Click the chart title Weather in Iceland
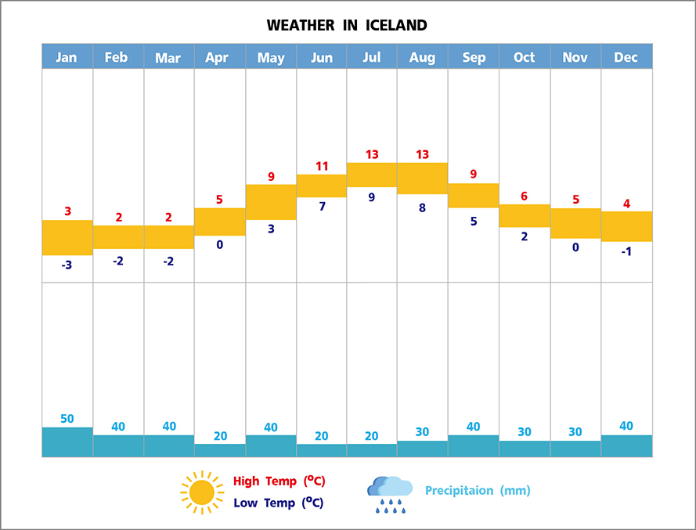point(347,25)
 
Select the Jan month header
point(67,57)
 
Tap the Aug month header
point(422,57)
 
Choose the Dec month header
point(626,57)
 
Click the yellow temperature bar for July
point(372,175)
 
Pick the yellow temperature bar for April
point(219,222)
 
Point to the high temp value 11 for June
point(321,166)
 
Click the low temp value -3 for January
point(67,265)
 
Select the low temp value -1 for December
point(626,251)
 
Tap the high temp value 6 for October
point(524,196)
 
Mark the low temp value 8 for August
point(422,207)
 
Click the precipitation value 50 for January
point(67,419)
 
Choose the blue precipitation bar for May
point(271,445)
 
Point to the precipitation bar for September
point(473,445)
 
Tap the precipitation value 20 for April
point(219,436)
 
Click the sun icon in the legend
point(202,492)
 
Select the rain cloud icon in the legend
point(389,494)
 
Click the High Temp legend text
point(279,481)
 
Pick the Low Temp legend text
point(279,503)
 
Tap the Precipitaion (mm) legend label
point(478,491)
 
